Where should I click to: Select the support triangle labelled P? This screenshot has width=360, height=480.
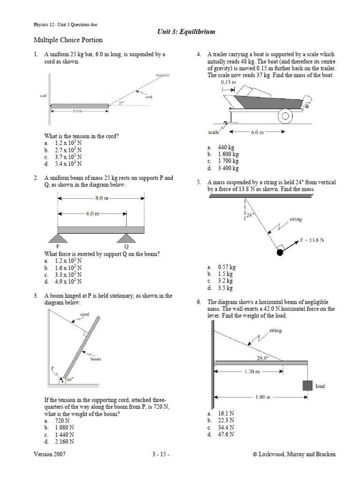coord(58,238)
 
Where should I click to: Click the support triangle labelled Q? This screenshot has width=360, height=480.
coord(126,238)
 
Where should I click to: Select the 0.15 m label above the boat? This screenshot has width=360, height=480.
coord(228,82)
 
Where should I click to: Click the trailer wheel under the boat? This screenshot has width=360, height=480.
coord(285,115)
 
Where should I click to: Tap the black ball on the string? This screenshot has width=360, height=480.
coord(280,253)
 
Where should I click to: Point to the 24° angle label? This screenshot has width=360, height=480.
coord(250,216)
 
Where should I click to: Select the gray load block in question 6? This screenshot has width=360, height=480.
coord(307,385)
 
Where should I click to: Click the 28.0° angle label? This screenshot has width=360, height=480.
coord(262,358)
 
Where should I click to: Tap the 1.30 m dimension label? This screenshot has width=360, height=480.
coord(249,372)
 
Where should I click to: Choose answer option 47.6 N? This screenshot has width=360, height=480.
coord(226,435)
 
